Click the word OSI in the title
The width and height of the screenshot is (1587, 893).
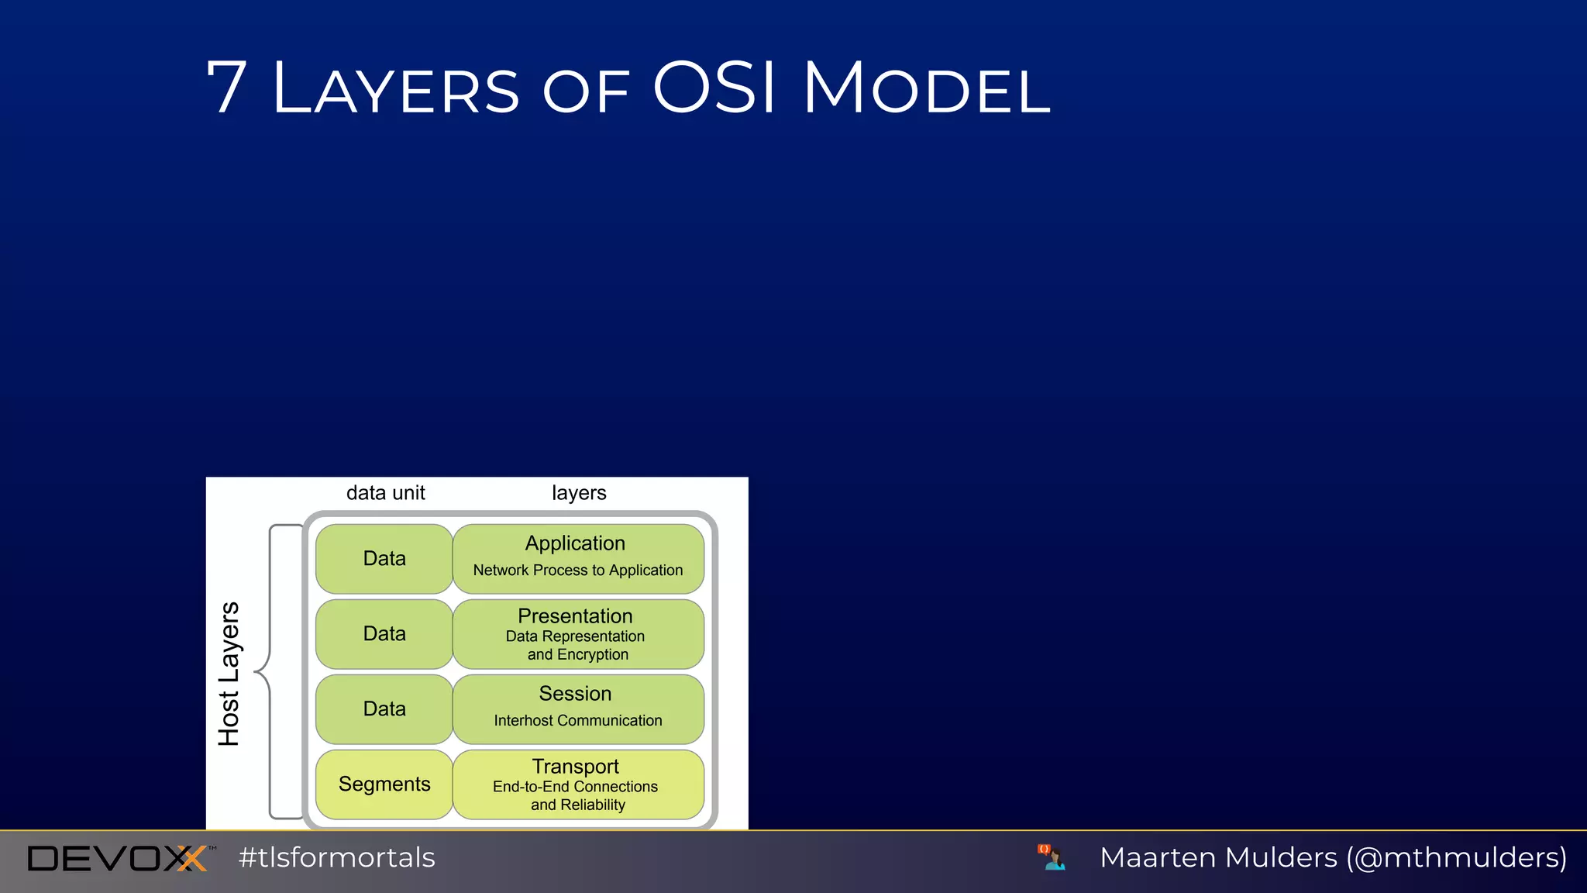pos(714,88)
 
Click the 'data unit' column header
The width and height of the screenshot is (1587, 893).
pos(385,493)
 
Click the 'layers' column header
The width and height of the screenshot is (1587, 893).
pos(579,493)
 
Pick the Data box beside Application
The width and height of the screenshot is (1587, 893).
pos(384,559)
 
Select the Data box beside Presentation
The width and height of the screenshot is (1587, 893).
pos(384,634)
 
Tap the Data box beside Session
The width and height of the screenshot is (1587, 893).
pos(384,709)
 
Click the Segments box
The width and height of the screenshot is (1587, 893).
pos(384,784)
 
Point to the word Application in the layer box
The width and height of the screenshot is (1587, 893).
pos(575,543)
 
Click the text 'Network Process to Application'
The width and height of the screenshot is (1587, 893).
pos(578,571)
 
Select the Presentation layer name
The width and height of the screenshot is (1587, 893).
pos(575,616)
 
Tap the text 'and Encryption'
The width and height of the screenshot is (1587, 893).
pos(578,655)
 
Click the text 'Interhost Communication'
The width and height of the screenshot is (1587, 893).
pos(578,721)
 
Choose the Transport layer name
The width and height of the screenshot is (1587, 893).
pos(575,767)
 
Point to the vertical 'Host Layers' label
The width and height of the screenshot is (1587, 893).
pos(229,674)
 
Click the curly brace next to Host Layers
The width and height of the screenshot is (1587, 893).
pos(268,671)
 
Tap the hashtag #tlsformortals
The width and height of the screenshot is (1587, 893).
pos(337,858)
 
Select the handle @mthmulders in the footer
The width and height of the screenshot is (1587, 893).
pos(1457,858)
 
